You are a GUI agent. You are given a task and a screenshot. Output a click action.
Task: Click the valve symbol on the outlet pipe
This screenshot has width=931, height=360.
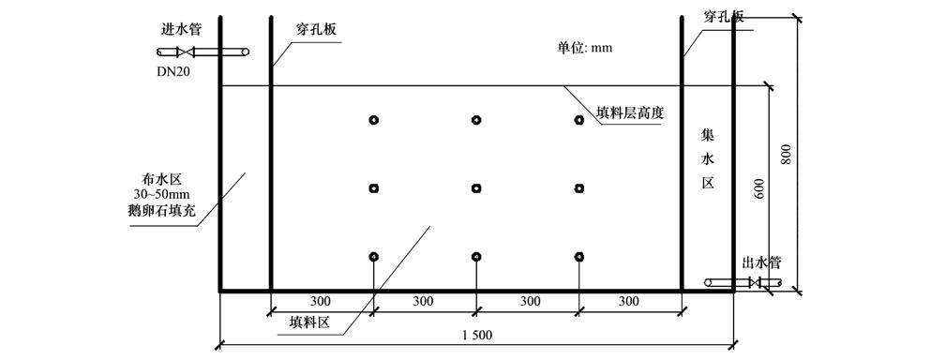click(753, 282)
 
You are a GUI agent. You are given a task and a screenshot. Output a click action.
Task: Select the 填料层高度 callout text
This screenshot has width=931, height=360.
click(631, 112)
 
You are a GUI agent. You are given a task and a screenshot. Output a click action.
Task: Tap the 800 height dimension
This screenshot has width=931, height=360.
click(788, 154)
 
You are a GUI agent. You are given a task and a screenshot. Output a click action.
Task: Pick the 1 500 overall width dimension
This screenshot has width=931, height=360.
click(477, 335)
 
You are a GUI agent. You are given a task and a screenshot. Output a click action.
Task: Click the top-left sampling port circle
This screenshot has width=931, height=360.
click(373, 120)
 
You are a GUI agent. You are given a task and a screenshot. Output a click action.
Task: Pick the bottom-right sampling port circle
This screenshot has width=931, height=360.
click(579, 257)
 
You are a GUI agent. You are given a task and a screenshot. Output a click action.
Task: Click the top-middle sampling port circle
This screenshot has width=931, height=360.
click(476, 120)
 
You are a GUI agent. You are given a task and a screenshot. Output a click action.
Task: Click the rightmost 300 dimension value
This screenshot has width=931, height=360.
click(628, 301)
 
